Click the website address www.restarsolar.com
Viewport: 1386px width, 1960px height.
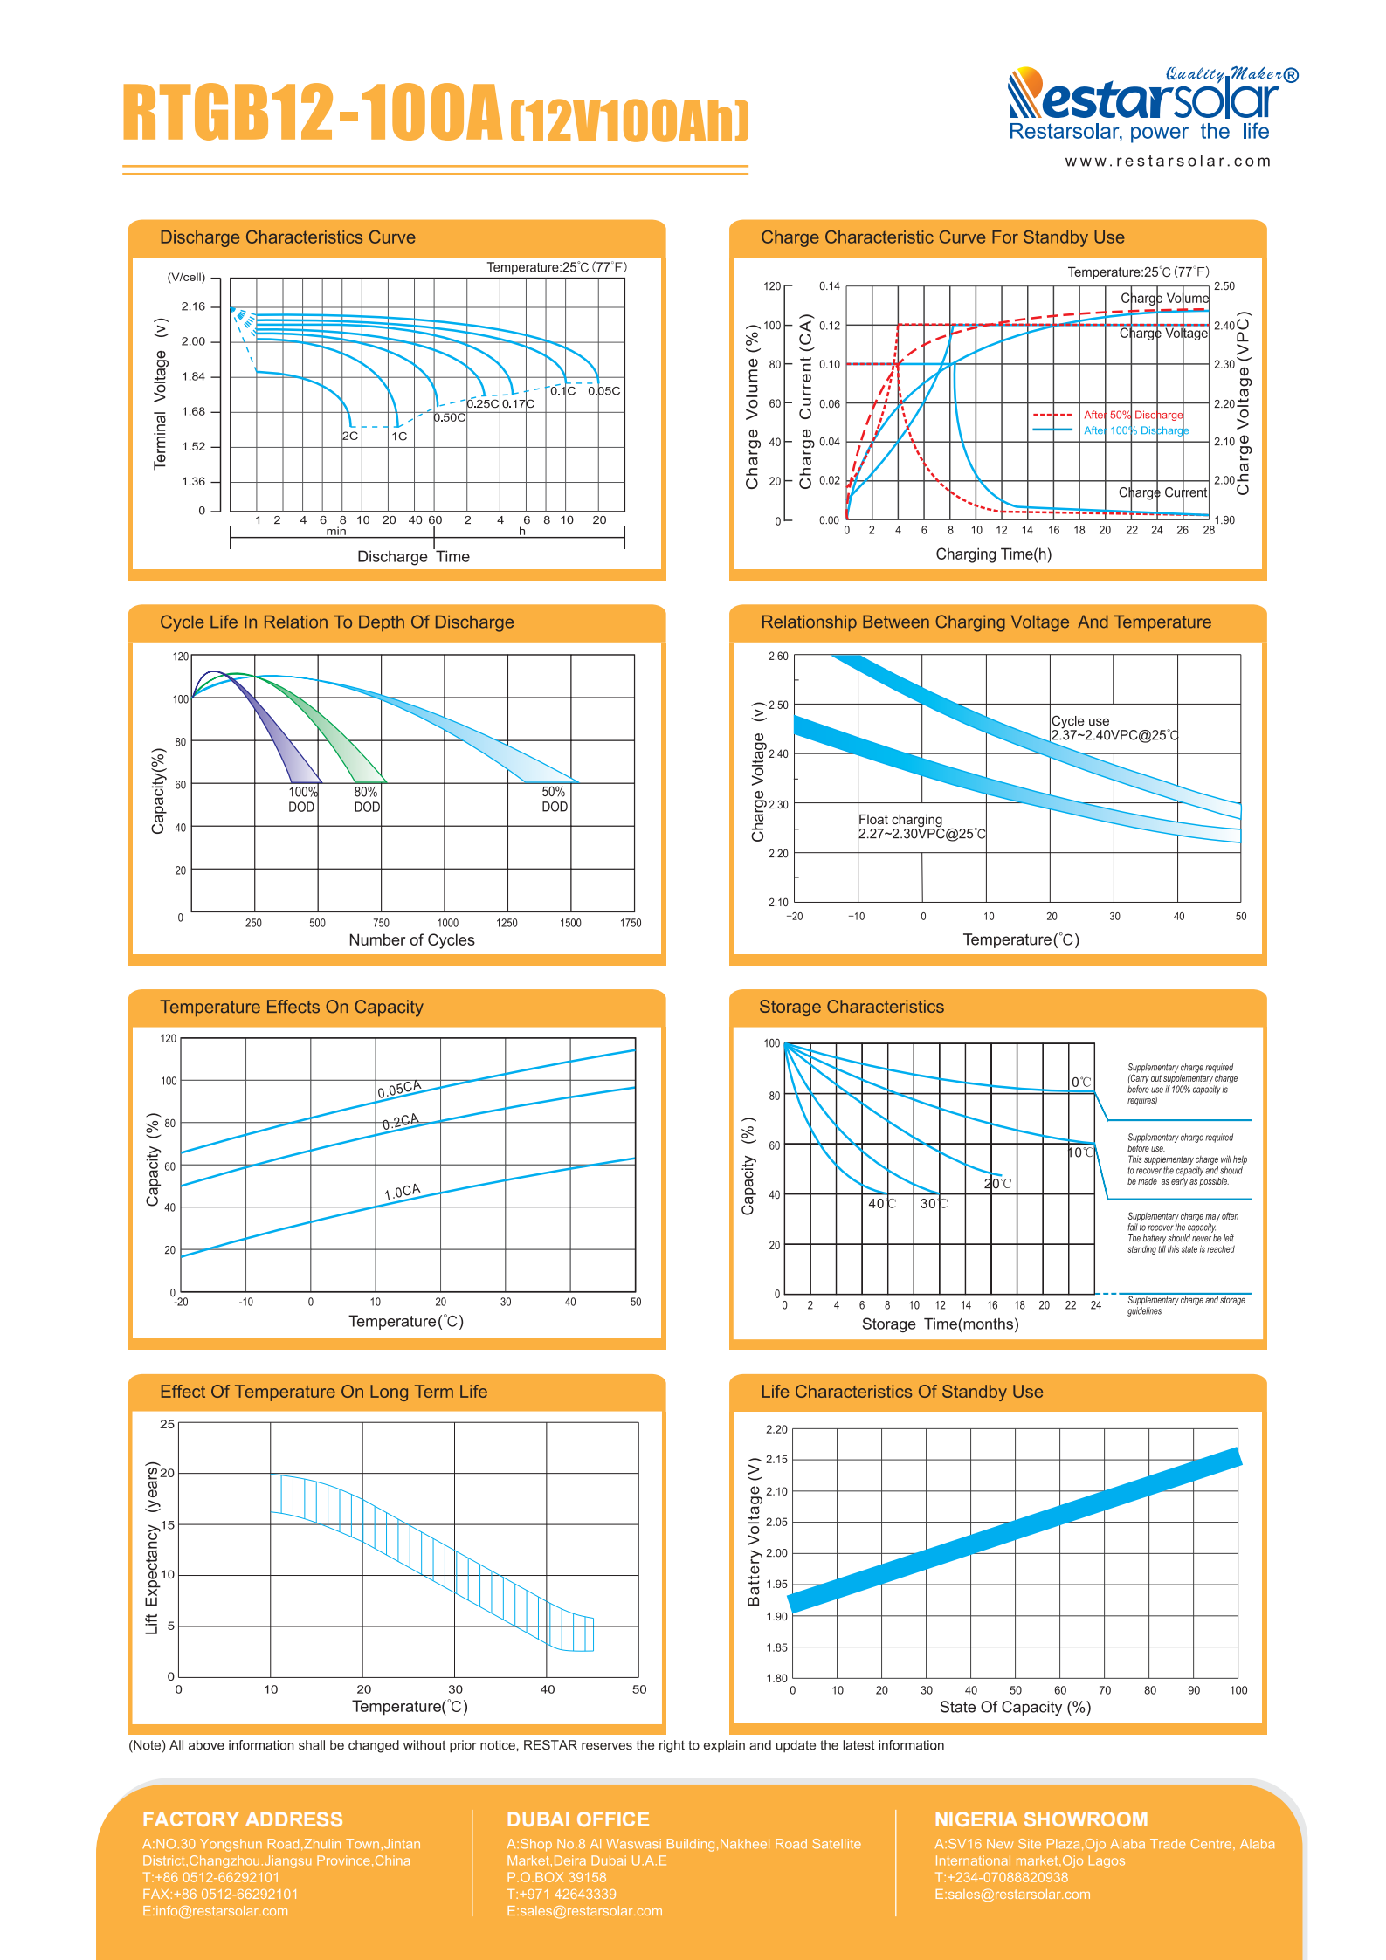click(x=1168, y=162)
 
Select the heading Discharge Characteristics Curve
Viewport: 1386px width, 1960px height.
click(x=287, y=237)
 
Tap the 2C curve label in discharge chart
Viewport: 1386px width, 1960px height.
click(x=350, y=436)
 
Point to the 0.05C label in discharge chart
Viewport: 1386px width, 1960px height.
click(x=604, y=391)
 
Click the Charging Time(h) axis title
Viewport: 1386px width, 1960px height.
click(x=994, y=554)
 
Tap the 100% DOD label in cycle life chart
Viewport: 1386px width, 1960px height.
click(x=302, y=800)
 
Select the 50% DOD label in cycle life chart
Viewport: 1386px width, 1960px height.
click(x=555, y=800)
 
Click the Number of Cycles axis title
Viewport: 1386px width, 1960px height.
click(x=411, y=940)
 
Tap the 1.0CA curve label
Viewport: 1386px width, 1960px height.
click(x=403, y=1192)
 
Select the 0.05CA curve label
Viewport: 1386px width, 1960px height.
click(x=399, y=1089)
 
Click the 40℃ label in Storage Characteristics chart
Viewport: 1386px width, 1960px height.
click(x=882, y=1204)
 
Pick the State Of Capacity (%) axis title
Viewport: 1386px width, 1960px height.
click(x=1016, y=1707)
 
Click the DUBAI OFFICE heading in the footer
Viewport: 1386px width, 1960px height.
click(x=578, y=1819)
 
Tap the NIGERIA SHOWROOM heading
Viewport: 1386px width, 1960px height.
click(x=1041, y=1819)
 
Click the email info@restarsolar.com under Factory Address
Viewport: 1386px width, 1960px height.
click(x=215, y=1911)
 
